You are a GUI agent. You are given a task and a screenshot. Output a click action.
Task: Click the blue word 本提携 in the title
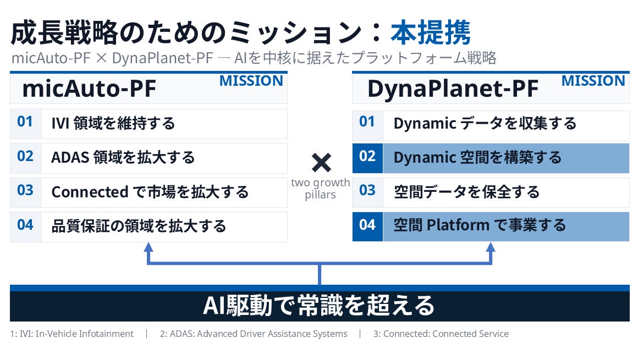(431, 32)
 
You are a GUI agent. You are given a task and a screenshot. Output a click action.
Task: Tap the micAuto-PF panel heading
(89, 88)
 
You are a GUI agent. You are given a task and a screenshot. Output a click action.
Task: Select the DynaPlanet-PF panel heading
(453, 88)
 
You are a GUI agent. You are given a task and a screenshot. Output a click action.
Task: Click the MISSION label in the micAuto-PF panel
(251, 81)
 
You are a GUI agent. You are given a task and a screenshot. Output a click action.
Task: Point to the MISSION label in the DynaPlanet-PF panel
(593, 81)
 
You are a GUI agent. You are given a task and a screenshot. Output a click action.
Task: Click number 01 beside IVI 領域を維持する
(25, 121)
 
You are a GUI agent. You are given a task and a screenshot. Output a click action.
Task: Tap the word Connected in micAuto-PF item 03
(90, 192)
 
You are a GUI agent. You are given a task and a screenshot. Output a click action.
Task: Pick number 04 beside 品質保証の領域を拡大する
(25, 225)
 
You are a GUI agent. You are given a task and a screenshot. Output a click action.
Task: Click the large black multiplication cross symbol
(321, 163)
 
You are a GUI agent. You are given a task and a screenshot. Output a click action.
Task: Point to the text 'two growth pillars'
(321, 189)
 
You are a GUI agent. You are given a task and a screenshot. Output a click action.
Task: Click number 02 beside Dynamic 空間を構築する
(367, 156)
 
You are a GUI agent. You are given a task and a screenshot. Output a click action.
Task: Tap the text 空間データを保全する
(467, 192)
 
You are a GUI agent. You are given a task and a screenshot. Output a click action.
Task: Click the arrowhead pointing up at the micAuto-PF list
(148, 247)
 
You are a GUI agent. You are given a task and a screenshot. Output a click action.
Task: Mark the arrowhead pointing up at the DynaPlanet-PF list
(491, 247)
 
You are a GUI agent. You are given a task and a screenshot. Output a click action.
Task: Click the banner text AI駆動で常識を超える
(319, 306)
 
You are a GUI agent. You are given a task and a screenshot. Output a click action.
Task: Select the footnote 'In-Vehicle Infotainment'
(85, 334)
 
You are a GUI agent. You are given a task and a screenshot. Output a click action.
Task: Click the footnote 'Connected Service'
(470, 334)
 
